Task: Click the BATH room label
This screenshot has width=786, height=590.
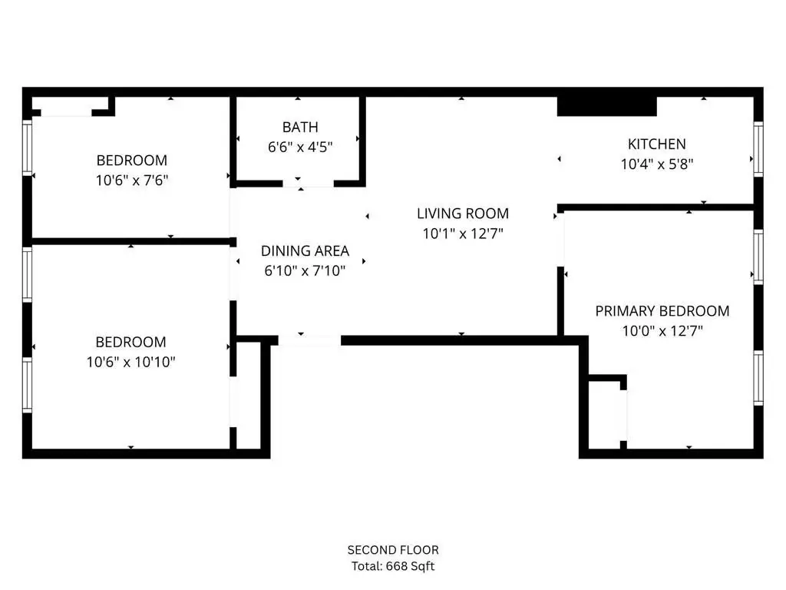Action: (x=300, y=128)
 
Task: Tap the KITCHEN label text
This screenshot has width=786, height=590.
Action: (x=657, y=144)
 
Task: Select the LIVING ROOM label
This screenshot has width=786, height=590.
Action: (x=463, y=214)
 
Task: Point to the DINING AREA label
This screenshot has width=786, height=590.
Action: (x=305, y=251)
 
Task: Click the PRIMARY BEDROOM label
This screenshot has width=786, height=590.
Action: (x=662, y=311)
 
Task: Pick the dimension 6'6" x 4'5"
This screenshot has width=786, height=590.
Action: (x=300, y=147)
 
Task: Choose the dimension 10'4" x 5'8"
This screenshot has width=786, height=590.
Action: (x=657, y=164)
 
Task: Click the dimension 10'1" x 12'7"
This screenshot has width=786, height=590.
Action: (x=463, y=234)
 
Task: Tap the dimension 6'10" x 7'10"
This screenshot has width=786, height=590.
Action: (x=305, y=271)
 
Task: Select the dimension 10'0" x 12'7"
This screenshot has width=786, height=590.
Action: (x=662, y=331)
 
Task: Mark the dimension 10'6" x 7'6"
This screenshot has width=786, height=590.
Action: (x=132, y=180)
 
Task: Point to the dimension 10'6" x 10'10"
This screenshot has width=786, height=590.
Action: (x=130, y=362)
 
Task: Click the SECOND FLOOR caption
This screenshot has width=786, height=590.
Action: (x=393, y=550)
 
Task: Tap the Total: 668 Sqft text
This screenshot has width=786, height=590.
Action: (x=393, y=566)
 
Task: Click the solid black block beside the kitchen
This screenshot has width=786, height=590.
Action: (x=607, y=106)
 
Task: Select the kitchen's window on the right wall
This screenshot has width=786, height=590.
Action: (x=758, y=149)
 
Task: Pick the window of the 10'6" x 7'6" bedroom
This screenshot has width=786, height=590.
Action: (x=27, y=147)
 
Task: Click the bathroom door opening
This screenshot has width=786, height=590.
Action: (x=309, y=184)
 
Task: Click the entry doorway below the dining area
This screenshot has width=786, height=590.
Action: (x=309, y=340)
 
